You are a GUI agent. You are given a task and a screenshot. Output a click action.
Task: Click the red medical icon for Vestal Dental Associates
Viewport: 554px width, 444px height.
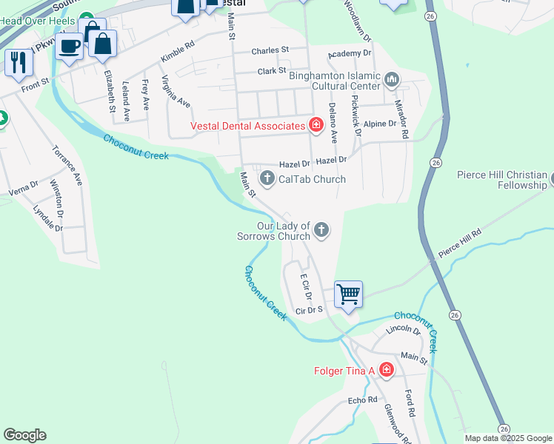click(x=316, y=125)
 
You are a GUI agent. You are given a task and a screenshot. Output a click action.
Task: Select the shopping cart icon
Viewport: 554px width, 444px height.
click(x=348, y=295)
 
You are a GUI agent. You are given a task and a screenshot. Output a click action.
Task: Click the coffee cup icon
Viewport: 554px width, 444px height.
click(x=70, y=47)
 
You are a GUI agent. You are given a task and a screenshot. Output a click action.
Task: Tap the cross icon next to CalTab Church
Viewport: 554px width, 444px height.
click(x=267, y=178)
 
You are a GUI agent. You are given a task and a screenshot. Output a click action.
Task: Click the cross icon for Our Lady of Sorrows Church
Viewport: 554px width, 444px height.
click(x=321, y=229)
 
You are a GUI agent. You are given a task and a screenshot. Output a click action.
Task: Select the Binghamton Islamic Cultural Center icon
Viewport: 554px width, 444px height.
click(x=392, y=79)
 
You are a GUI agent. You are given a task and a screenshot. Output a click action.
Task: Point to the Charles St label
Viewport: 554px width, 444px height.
click(x=270, y=51)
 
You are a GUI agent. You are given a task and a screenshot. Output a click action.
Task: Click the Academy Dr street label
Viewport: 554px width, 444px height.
click(x=350, y=53)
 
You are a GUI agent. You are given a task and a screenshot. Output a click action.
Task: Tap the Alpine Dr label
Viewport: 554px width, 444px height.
click(x=381, y=124)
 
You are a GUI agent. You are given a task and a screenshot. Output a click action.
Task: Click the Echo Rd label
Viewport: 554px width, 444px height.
click(x=363, y=400)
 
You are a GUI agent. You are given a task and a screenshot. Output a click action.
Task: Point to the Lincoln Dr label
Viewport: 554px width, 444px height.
click(x=403, y=329)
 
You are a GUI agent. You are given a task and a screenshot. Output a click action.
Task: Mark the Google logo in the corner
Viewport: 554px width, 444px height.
click(x=24, y=435)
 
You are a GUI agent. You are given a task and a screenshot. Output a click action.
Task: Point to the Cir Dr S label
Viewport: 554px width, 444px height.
click(x=309, y=310)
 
